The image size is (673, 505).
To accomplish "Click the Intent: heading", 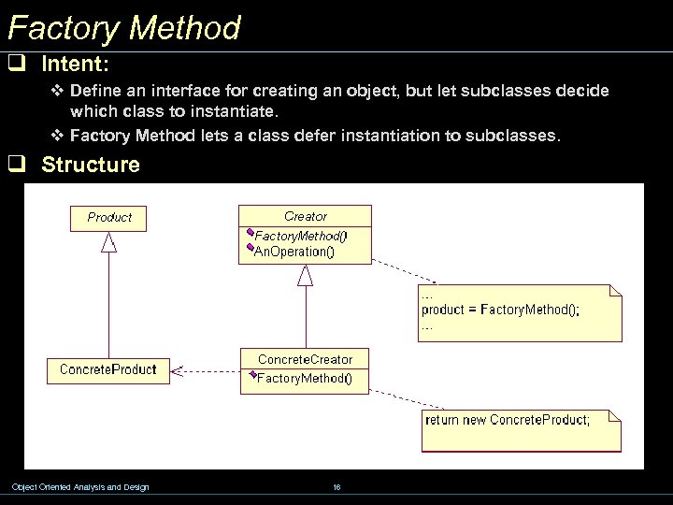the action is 76,65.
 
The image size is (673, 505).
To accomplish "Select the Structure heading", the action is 91,166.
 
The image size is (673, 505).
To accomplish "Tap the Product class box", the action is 109,217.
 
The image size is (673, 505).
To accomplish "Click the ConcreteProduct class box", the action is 107,369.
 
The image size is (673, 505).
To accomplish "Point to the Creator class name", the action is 306,216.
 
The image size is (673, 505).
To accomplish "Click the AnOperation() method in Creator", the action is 294,252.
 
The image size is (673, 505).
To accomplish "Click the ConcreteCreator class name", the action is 305,359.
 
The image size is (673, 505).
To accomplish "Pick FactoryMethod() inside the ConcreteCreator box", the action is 304,379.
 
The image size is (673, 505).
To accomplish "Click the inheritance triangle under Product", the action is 109,242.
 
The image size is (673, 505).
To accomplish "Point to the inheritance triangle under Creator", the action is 306,275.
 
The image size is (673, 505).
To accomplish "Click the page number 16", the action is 336,486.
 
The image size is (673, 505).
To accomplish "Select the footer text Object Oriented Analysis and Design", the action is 79,486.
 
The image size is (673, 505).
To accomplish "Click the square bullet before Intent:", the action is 16,65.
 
